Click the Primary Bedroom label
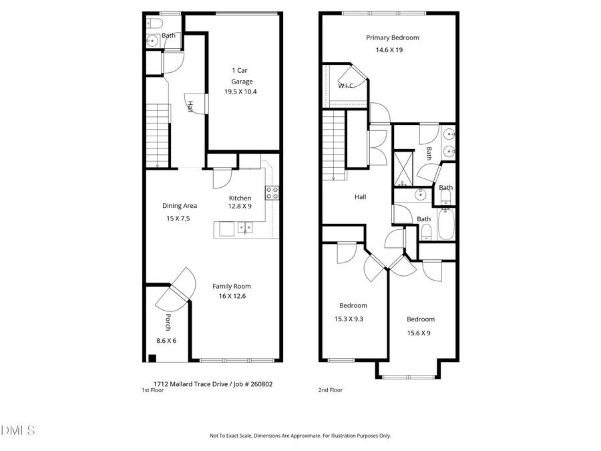(x=392, y=38)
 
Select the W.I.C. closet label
(x=346, y=86)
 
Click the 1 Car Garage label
(x=242, y=76)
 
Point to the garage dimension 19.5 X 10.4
(x=242, y=92)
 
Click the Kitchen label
(x=240, y=198)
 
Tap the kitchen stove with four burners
(x=272, y=192)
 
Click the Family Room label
(x=232, y=286)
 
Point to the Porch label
(x=168, y=322)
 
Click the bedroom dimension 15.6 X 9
(x=420, y=333)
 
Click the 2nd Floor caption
(x=331, y=390)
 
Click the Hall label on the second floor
(x=360, y=196)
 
